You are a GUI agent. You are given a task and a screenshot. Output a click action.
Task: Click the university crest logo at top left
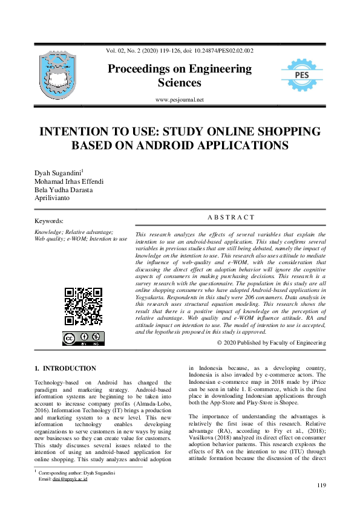[x=59, y=74]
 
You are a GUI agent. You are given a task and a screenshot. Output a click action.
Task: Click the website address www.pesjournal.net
[x=180, y=100]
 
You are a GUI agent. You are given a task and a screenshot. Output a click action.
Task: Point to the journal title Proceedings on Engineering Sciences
[x=180, y=76]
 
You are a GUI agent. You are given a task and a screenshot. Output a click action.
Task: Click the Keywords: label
[x=49, y=221]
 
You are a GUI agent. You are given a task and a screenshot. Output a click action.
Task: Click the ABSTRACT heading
[x=231, y=217]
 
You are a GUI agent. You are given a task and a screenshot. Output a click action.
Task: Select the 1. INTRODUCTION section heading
[x=65, y=368]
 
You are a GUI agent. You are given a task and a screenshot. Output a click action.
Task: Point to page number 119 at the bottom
[x=321, y=485]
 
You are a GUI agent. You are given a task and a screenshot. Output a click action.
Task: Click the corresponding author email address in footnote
[x=70, y=479]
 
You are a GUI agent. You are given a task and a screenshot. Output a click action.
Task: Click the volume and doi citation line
[x=180, y=51]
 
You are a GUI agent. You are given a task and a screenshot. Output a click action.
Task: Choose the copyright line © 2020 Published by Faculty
[x=271, y=343]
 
